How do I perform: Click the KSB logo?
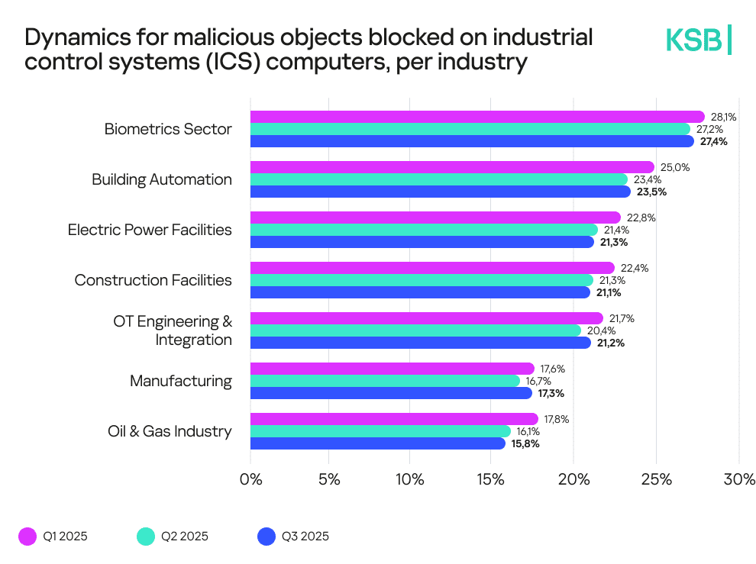[x=698, y=40]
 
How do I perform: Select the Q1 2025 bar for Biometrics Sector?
[x=477, y=117]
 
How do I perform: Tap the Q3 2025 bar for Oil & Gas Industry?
[x=378, y=443]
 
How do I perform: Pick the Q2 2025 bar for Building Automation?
[x=439, y=179]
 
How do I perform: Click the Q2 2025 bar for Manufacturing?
[x=385, y=381]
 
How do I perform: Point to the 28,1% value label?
[x=724, y=117]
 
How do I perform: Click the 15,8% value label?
[x=525, y=443]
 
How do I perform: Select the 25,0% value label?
[x=674, y=167]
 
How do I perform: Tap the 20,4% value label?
[x=600, y=330]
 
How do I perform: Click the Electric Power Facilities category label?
[x=150, y=230]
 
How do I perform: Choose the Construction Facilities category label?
[x=153, y=280]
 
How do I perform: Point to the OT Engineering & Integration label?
[x=173, y=330]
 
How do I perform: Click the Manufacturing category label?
[x=181, y=381]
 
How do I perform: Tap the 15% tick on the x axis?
[x=493, y=480]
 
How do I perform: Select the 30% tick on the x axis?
[x=738, y=480]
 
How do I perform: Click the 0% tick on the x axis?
[x=250, y=480]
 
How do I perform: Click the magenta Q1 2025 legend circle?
[x=27, y=537]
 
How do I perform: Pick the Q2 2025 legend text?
[x=184, y=537]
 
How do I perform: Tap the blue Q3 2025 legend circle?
[x=267, y=537]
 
